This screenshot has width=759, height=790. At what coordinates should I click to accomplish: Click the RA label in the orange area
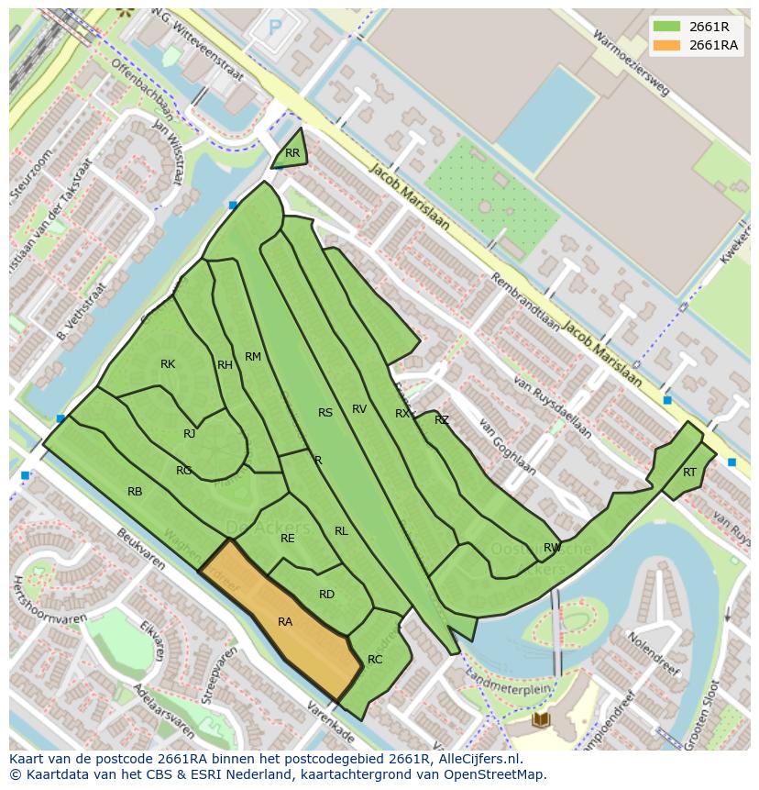click(x=285, y=622)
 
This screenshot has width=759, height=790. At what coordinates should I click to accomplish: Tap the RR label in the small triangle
click(x=292, y=153)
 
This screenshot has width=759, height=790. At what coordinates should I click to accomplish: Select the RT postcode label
click(x=689, y=473)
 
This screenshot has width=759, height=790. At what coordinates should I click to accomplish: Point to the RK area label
click(x=168, y=364)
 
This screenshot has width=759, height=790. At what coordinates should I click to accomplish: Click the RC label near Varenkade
click(x=375, y=660)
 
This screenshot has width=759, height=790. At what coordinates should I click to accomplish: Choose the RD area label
click(x=326, y=595)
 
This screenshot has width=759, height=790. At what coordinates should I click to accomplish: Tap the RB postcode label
click(x=135, y=492)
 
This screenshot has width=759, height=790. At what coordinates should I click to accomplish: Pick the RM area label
click(x=253, y=357)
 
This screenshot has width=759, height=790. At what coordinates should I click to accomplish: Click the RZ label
click(x=442, y=420)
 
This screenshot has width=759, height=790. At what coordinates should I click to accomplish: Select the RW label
click(x=552, y=548)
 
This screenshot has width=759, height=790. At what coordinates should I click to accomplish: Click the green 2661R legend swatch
click(x=666, y=27)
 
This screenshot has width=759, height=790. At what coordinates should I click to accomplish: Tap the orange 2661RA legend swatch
click(x=666, y=45)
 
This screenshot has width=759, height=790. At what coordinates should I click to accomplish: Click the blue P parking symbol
click(x=275, y=29)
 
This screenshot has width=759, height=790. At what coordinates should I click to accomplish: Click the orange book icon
click(x=541, y=718)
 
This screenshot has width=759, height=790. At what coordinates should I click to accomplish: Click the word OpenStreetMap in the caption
click(x=494, y=774)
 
